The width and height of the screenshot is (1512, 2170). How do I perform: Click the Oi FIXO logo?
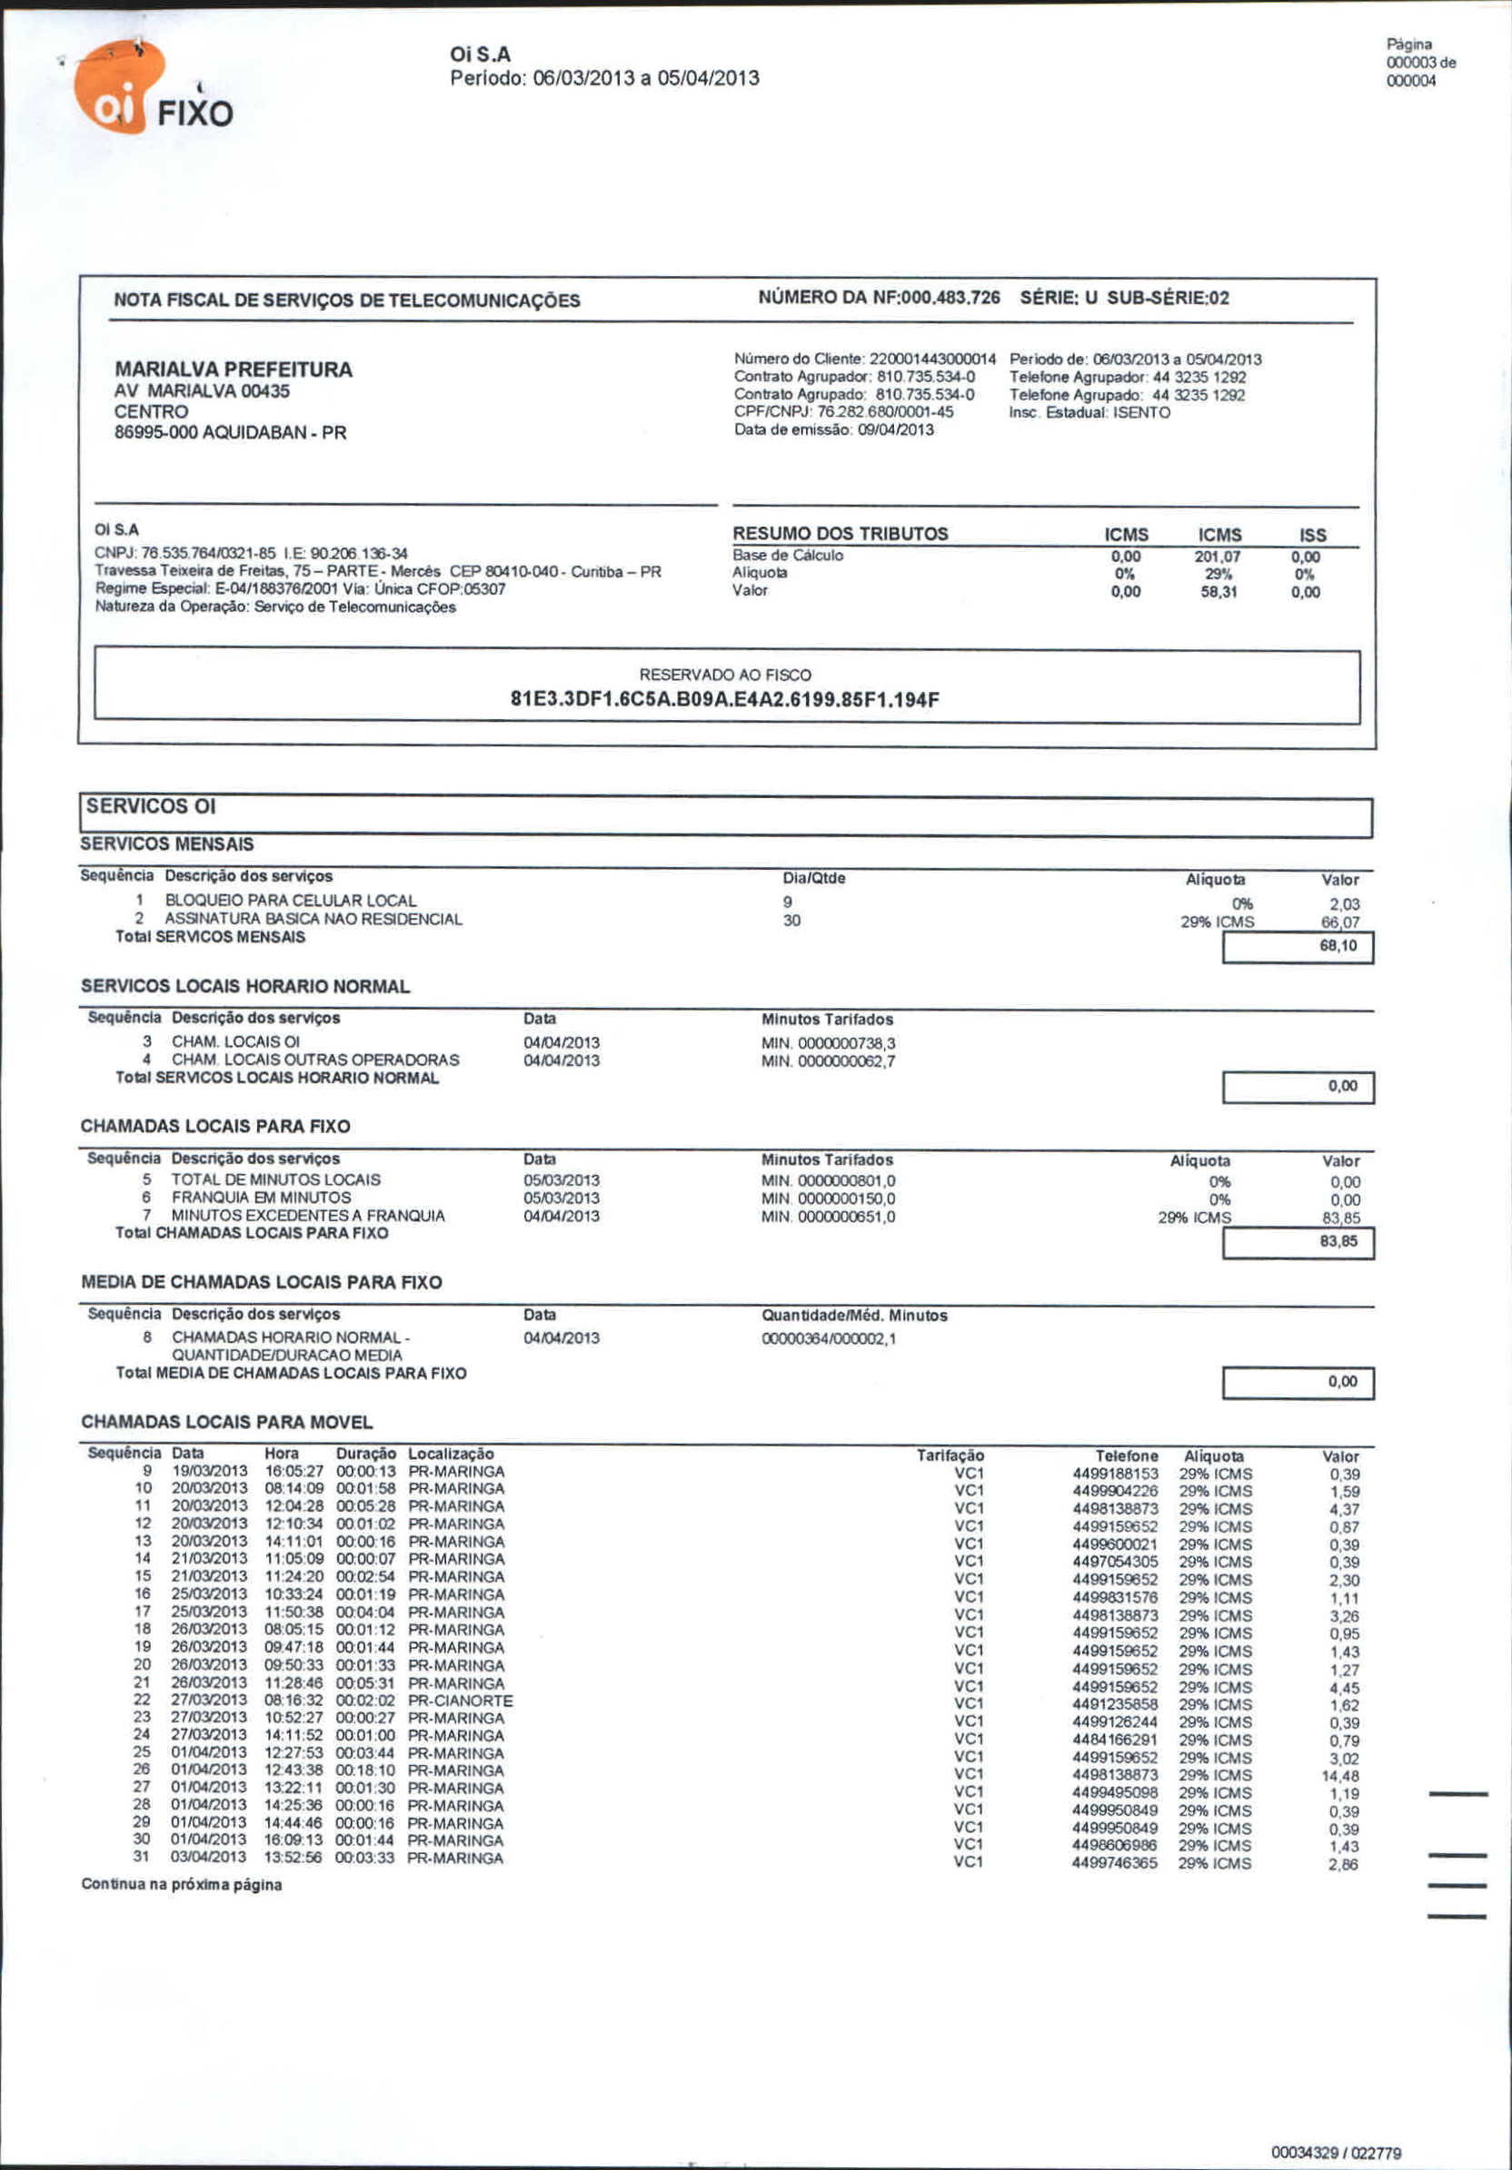pyautogui.click(x=152, y=92)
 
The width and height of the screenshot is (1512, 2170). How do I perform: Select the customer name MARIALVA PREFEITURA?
pyautogui.click(x=233, y=370)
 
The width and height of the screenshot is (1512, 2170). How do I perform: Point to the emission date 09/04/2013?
pyautogui.click(x=894, y=430)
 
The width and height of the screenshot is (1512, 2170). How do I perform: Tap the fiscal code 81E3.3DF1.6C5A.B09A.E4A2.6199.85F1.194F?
pyautogui.click(x=724, y=700)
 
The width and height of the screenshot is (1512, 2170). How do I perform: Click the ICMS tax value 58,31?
pyautogui.click(x=1219, y=593)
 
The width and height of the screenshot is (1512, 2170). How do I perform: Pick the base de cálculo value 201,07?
pyautogui.click(x=1218, y=557)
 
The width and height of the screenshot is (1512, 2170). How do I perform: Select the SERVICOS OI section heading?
pyautogui.click(x=152, y=806)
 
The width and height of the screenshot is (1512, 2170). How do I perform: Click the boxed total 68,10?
pyautogui.click(x=1338, y=946)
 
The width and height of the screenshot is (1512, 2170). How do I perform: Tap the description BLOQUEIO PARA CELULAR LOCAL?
pyautogui.click(x=290, y=901)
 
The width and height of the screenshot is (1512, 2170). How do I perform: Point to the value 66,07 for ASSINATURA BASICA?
pyautogui.click(x=1340, y=922)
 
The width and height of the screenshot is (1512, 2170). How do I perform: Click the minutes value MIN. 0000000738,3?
pyautogui.click(x=829, y=1043)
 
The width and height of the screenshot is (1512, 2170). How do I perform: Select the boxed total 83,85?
pyautogui.click(x=1338, y=1241)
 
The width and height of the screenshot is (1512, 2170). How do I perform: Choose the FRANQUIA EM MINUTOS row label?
pyautogui.click(x=261, y=1198)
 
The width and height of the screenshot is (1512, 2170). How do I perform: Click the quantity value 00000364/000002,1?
pyautogui.click(x=830, y=1338)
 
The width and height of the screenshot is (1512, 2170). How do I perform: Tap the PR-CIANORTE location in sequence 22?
pyautogui.click(x=461, y=1701)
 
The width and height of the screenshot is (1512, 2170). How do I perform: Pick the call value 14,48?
pyautogui.click(x=1341, y=1777)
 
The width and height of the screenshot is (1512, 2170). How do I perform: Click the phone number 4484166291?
pyautogui.click(x=1115, y=1741)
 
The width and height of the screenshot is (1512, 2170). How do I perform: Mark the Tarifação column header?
pyautogui.click(x=950, y=1455)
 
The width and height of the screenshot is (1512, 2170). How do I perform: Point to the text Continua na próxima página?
pyautogui.click(x=182, y=1885)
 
